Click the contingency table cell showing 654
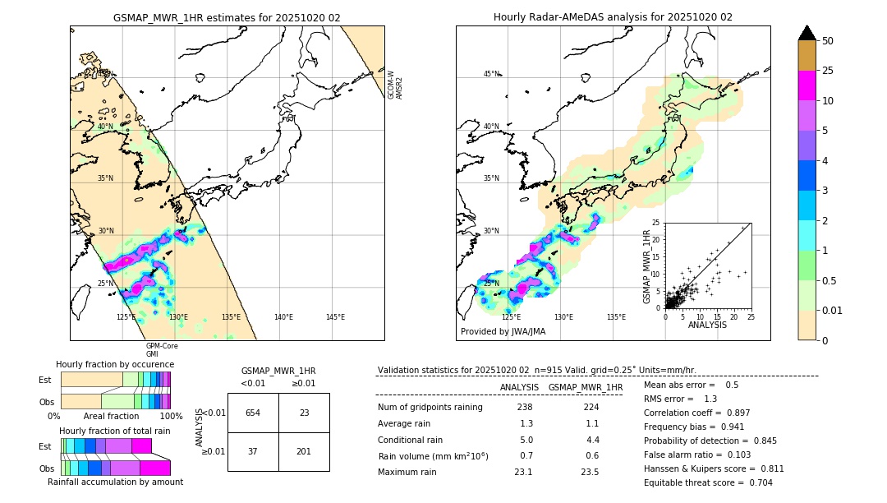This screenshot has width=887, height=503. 253,413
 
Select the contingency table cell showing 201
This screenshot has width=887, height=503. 304,451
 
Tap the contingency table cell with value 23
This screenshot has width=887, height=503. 304,413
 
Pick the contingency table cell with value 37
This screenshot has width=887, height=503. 253,451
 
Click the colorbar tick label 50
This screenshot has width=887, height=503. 828,41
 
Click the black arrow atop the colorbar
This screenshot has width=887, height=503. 807,33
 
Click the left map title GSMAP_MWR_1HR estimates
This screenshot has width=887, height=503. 227,17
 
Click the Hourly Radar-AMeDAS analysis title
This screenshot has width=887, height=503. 613,17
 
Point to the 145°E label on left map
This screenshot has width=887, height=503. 335,317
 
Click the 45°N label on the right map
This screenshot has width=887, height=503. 491,74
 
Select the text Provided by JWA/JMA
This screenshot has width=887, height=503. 503,331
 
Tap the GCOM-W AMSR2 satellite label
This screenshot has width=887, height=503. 395,85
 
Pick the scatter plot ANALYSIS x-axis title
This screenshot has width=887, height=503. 707,325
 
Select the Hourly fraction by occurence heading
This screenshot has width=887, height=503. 115,364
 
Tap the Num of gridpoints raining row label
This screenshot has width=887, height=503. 430,407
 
